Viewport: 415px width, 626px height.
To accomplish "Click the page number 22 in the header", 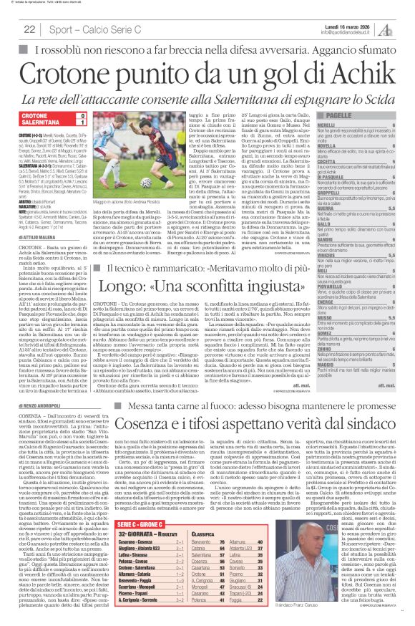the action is click(30, 29).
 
